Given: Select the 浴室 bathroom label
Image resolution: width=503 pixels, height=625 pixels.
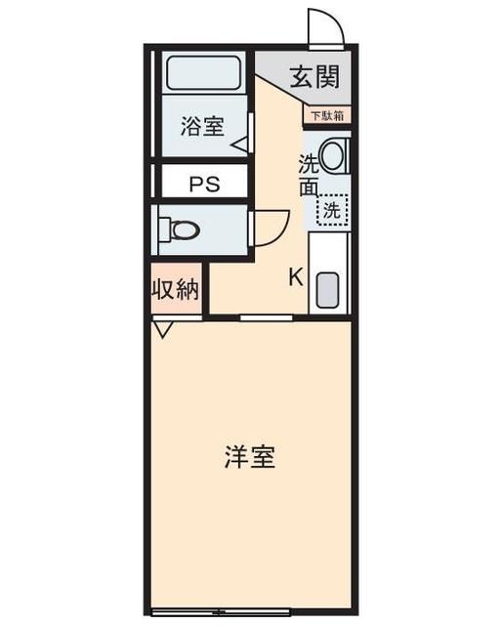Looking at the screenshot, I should (202, 126).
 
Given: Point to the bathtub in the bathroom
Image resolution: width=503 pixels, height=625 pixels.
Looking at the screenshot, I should (206, 72).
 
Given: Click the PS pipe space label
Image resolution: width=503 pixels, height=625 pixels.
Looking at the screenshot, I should (204, 183).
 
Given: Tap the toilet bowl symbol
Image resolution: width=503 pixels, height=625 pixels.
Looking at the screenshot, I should (182, 230).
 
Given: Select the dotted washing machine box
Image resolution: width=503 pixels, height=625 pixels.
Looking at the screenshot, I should (333, 208).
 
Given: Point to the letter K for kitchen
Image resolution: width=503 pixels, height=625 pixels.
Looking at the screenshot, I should (296, 276).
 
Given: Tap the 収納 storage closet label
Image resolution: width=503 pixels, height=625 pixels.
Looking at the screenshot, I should (176, 290).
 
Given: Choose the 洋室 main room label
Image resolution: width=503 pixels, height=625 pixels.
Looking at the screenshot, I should (249, 456).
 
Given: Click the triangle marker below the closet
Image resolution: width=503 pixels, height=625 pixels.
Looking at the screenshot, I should (163, 329).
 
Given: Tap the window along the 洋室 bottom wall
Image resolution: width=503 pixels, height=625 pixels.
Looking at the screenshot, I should (251, 612).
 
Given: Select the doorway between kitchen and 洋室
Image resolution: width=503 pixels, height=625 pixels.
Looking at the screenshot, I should (268, 317).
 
